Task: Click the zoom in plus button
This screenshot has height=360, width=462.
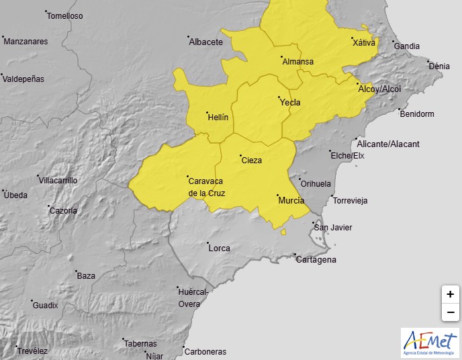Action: pyautogui.click(x=450, y=294)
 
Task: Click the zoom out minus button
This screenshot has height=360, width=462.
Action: pyautogui.click(x=450, y=312)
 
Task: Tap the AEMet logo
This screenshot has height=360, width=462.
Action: pyautogui.click(x=430, y=343)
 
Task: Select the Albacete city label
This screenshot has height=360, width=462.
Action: pyautogui.click(x=205, y=42)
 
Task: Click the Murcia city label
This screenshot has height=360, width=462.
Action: pyautogui.click(x=291, y=201)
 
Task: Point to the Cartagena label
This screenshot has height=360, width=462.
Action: pyautogui.click(x=316, y=260)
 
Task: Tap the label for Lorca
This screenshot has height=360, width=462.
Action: pyautogui.click(x=220, y=249)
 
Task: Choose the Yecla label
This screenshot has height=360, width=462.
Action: pyautogui.click(x=289, y=103)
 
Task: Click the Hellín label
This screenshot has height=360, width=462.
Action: pyautogui.click(x=218, y=117)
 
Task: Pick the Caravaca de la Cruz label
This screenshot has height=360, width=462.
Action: pyautogui.click(x=206, y=187)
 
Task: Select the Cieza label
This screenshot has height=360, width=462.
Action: pyautogui.click(x=251, y=161)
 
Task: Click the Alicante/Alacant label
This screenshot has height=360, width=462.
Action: pyautogui.click(x=389, y=144)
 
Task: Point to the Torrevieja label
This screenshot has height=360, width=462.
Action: pyautogui.click(x=351, y=201)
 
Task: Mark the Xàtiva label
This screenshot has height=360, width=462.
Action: pyautogui.click(x=364, y=43)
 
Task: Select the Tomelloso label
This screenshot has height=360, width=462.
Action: pyautogui.click(x=65, y=15)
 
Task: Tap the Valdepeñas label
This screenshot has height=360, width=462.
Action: pyautogui.click(x=24, y=79)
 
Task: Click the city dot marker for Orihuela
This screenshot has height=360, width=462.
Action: pyautogui.click(x=299, y=179)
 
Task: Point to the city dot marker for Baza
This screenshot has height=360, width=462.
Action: pyautogui.click(x=76, y=271)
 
